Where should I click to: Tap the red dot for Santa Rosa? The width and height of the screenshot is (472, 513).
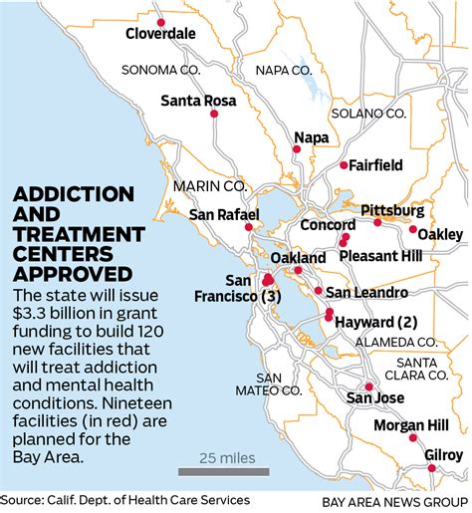click(214, 115)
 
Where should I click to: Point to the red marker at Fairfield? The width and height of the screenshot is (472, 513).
click(344, 164)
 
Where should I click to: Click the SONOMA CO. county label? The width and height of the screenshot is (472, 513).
click(163, 70)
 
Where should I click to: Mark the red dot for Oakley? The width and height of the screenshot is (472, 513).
click(412, 229)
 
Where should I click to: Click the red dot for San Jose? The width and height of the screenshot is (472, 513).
click(368, 386)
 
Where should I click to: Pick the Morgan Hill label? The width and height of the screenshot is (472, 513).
click(411, 425)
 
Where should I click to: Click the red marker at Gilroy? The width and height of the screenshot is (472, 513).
click(431, 466)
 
